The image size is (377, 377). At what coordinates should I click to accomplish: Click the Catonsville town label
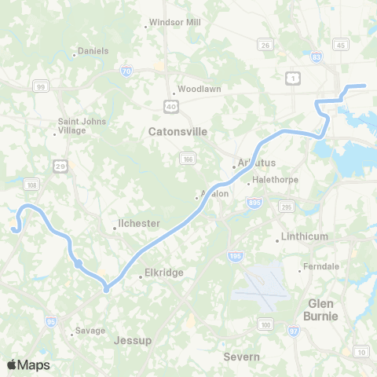pos(178,132)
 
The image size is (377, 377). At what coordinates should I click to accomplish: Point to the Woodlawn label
pos(199,89)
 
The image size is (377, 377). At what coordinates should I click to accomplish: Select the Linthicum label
pos(301,236)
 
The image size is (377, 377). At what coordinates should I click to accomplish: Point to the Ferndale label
pos(322,267)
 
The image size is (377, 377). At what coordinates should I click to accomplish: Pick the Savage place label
pos(90,331)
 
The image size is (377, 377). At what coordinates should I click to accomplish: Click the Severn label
pos(241,357)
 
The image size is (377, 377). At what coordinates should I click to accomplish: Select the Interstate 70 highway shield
pos(127,72)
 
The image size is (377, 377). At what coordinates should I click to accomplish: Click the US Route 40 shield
pos(170,104)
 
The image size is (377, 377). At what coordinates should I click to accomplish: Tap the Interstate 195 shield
pos(236,256)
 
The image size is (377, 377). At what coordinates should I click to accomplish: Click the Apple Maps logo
pos(28,364)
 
